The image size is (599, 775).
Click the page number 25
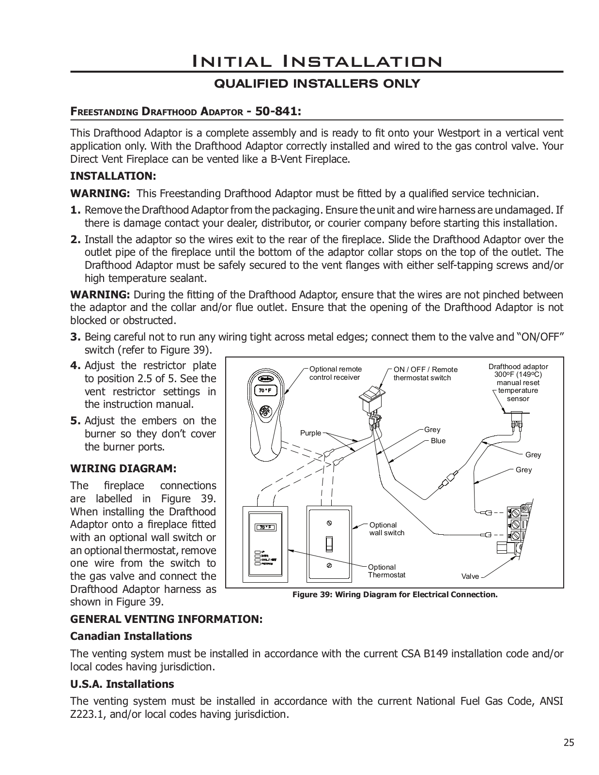coord(568,743)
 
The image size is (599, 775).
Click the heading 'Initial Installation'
coord(317,62)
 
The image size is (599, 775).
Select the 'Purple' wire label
coord(310,433)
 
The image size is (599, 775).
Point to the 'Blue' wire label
coord(438,441)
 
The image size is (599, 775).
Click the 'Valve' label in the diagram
coord(470,576)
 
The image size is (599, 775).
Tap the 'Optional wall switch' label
coord(386,529)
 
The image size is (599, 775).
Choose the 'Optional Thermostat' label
coord(386,571)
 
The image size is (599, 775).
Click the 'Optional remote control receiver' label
coord(335,373)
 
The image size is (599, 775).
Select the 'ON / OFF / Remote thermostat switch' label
coord(425,373)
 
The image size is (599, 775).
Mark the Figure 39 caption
coord(395,594)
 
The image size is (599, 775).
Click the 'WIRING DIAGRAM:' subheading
coord(123,469)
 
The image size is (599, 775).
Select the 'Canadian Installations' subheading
coord(131,636)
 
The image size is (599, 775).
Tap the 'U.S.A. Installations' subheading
coord(122,684)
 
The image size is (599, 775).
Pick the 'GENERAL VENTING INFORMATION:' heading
coord(166,619)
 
